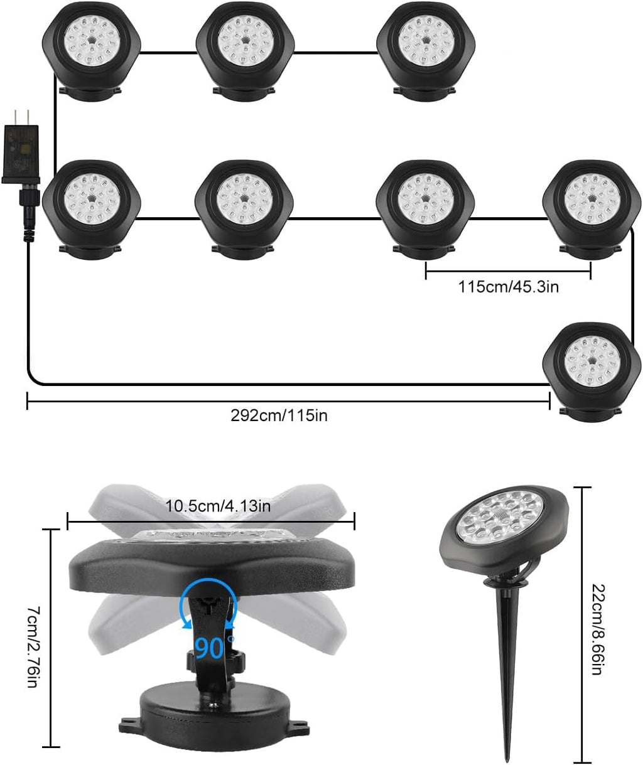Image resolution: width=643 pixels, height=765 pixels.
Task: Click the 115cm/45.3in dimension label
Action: tap(508, 287)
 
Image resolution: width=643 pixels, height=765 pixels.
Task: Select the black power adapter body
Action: tap(21, 151)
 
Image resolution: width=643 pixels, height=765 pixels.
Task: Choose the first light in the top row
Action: tap(92, 45)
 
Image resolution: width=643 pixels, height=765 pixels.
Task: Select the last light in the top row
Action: tap(424, 45)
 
